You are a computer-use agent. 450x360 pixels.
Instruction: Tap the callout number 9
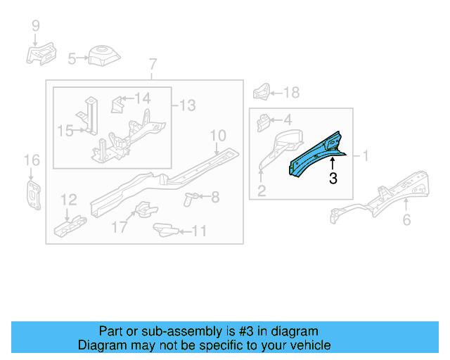coord(35,26)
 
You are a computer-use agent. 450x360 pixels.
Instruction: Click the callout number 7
coord(153,67)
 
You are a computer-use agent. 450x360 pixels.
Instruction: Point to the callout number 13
coord(187,105)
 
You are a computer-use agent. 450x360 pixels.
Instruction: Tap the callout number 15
coord(65,130)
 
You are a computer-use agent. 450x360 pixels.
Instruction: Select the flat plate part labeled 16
coord(32,193)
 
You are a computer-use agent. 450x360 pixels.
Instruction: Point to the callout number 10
coord(217,134)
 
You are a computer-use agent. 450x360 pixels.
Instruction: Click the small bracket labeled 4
coord(264,121)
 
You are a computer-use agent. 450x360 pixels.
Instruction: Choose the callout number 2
coord(261,190)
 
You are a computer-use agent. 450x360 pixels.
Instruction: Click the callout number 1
coord(365,155)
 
